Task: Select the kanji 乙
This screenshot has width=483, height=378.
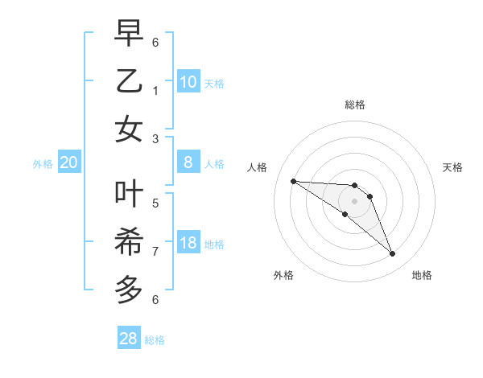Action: [129, 82]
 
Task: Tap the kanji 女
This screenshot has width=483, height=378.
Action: [129, 130]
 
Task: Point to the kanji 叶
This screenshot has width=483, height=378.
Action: [129, 193]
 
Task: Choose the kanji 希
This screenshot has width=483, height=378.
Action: [129, 241]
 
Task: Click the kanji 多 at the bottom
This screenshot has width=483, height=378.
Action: [129, 287]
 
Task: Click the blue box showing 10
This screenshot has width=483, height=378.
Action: [188, 82]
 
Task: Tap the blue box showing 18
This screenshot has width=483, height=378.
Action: [188, 244]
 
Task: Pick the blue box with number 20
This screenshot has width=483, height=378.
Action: [69, 163]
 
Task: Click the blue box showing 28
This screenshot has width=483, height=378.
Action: [129, 339]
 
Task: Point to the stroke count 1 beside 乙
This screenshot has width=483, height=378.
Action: [156, 91]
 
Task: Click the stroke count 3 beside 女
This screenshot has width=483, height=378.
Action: [156, 139]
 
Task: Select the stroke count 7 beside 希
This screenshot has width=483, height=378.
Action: [156, 251]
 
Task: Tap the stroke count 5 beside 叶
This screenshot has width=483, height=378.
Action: [156, 203]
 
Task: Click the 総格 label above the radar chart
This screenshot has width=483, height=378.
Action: [355, 105]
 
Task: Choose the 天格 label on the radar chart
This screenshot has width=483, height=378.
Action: [453, 167]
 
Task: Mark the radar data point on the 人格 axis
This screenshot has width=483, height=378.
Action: [293, 181]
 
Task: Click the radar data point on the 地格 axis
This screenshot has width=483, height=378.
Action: [392, 254]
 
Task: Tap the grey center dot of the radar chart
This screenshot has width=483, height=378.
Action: [354, 201]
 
